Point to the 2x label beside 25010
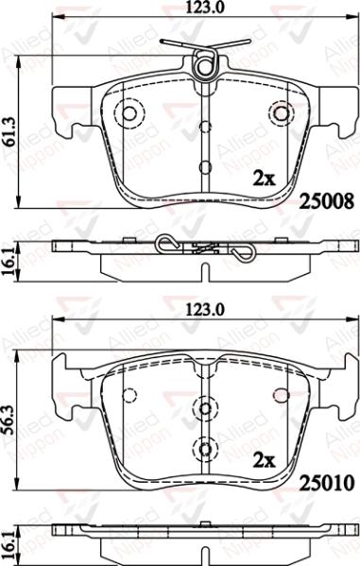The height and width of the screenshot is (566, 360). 264,460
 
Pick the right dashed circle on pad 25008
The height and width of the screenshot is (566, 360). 282,113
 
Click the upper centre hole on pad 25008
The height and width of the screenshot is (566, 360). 204,126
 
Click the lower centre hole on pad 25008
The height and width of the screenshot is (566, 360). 204,166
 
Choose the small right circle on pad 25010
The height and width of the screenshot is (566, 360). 281,396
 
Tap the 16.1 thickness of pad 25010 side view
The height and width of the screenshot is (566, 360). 9,541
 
